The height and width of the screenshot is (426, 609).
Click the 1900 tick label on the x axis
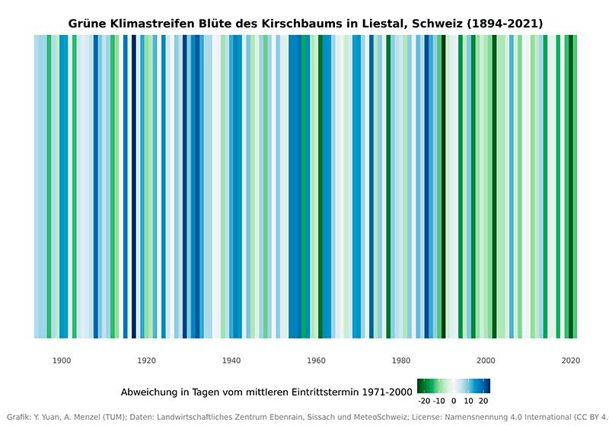tap(62, 360)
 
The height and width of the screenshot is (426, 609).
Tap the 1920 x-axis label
tap(147, 360)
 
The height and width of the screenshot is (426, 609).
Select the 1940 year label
tap(231, 360)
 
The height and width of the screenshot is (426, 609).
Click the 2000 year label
tap(485, 360)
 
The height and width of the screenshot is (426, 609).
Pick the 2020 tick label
tap(569, 360)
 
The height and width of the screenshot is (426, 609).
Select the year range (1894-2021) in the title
tap(503, 24)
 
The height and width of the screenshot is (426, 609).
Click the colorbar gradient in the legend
tap(454, 386)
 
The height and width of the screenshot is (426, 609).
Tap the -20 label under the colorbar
tap(424, 401)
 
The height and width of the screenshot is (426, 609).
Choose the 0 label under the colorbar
tap(454, 401)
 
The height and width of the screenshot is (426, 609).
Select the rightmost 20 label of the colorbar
tap(483, 401)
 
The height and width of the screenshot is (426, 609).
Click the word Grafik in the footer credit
tap(18, 416)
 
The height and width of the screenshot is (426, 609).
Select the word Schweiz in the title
tap(435, 24)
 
